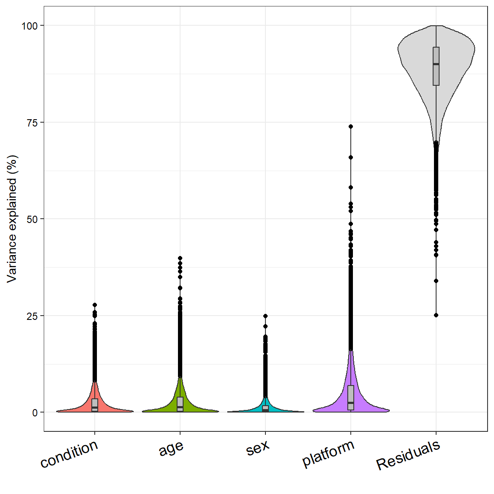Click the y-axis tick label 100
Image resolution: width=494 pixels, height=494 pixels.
point(30,26)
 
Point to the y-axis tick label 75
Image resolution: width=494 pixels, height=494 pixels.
point(33,123)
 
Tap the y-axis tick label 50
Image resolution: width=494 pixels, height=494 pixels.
point(33,219)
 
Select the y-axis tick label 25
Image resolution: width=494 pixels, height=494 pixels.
point(33,316)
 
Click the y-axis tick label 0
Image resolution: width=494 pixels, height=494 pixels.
point(35,413)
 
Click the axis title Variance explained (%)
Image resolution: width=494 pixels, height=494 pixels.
point(12,219)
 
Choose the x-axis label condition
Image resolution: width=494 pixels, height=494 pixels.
point(69,454)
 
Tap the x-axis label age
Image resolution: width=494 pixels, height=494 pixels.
point(171,449)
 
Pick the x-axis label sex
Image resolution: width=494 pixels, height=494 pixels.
point(258,448)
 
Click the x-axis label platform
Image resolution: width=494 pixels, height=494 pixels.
point(328,453)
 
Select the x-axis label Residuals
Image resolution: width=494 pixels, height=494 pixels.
point(408,455)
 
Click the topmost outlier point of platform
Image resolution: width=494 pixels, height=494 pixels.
point(351,127)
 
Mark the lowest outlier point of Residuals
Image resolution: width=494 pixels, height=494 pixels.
point(436,315)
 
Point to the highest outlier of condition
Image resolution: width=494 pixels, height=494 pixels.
point(95,305)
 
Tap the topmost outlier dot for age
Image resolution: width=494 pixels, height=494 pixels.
point(180,258)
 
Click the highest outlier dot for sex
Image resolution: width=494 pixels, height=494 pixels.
point(265,316)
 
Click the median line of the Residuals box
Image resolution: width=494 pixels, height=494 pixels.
point(436,64)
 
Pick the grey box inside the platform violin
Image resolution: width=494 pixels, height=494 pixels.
point(351,398)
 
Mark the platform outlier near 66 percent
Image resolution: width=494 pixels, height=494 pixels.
point(351,157)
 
